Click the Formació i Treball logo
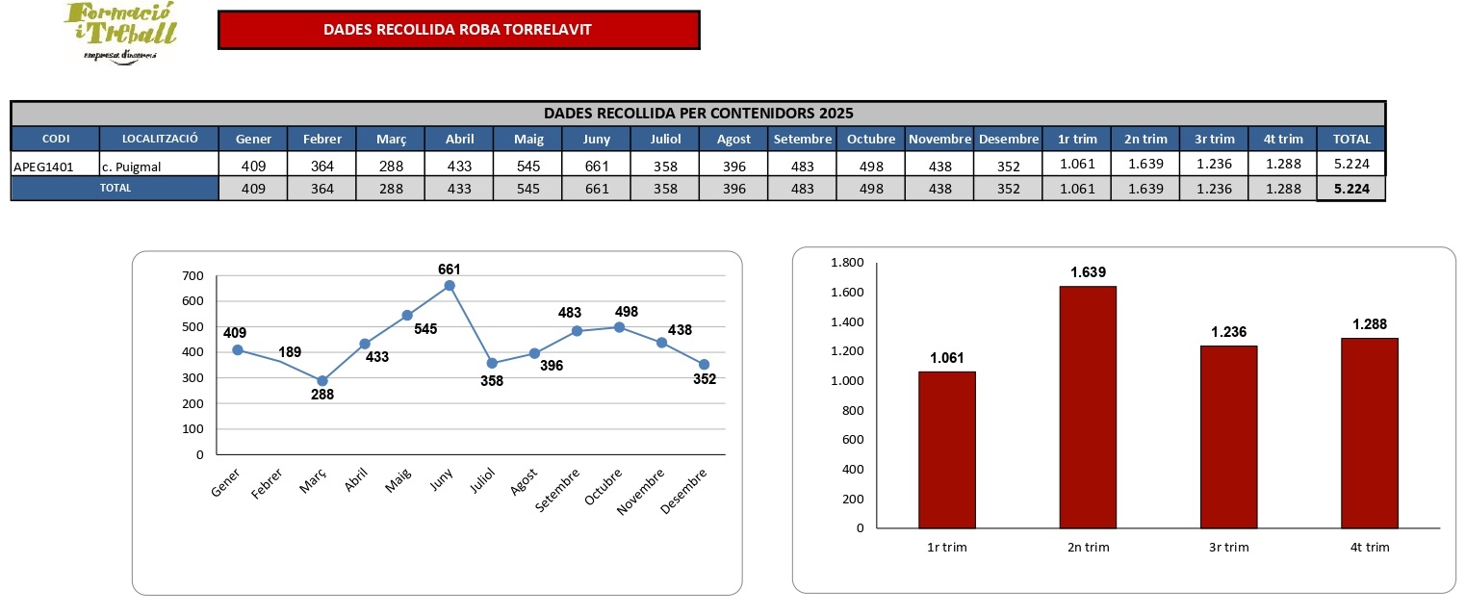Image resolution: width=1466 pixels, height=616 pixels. click(120, 32)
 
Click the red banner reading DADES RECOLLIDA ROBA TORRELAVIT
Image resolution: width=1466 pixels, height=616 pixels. click(458, 30)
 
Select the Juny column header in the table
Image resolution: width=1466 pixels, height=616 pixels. click(597, 139)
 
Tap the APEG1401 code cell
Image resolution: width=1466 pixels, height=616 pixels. click(44, 165)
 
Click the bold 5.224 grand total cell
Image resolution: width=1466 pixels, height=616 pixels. click(1350, 189)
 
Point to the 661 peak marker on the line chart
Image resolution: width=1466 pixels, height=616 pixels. click(450, 286)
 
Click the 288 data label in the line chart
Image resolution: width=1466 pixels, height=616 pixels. click(322, 395)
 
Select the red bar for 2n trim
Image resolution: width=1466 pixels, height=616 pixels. click(1089, 406)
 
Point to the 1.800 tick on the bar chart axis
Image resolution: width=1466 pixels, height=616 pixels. click(847, 263)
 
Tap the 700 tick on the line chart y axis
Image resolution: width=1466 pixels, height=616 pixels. click(193, 276)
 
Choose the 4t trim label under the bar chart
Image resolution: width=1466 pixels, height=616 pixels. click(1370, 548)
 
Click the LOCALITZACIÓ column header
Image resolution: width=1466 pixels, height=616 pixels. click(158, 139)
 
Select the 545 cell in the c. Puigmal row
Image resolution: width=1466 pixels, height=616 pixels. click(527, 165)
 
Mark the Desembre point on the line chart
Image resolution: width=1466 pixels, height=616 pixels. click(704, 364)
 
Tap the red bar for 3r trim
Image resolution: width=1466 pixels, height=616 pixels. click(1228, 436)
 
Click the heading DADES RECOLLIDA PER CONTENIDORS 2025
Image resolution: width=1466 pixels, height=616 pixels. click(698, 113)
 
